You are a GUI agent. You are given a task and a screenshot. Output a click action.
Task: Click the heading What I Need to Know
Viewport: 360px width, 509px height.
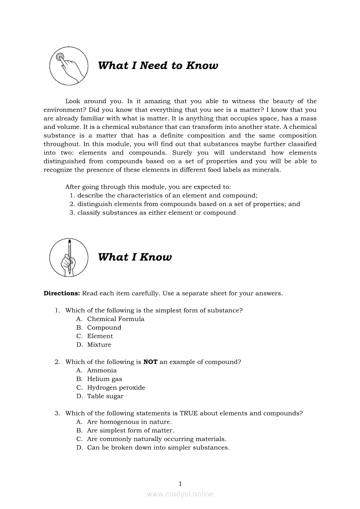pos(158,66)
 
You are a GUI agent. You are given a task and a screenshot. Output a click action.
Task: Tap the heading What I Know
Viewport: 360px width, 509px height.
pos(135,257)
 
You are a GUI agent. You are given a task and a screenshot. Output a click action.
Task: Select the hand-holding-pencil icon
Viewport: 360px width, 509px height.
pos(69,257)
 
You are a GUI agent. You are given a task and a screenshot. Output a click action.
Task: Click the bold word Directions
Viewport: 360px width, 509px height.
pos(61,293)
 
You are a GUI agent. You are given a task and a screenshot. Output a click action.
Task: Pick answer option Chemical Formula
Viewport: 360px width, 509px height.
pos(115,319)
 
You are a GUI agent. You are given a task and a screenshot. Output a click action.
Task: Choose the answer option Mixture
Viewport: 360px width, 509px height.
pos(99,345)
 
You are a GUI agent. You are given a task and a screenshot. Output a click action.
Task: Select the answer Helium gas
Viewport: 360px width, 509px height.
pos(105,379)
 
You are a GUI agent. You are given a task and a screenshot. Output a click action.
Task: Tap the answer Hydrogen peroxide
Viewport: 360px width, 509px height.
pos(116,388)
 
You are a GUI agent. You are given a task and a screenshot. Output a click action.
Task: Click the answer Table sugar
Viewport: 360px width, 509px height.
pos(105,397)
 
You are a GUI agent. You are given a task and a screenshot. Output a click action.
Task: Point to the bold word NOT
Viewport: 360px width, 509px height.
pos(150,362)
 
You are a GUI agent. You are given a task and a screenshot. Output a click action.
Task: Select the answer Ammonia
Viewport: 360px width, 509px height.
pos(102,371)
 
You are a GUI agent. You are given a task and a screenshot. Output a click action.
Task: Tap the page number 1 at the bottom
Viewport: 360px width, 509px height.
pos(180,484)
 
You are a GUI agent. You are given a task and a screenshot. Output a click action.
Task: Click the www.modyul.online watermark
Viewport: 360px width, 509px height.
pos(180,494)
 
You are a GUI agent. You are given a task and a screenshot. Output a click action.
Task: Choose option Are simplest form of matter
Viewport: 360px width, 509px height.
pos(130,431)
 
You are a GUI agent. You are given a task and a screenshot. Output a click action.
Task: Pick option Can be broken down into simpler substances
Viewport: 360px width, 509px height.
pos(158,448)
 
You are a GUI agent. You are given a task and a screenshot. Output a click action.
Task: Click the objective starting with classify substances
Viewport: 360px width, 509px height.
pos(156,213)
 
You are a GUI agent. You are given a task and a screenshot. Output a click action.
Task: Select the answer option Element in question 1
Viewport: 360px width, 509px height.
pos(100,336)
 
